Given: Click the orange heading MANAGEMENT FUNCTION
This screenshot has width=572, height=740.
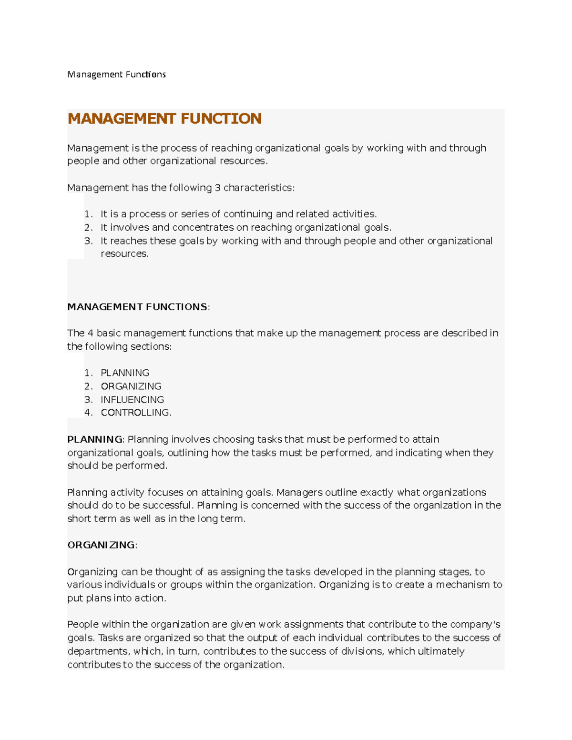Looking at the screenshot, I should coord(164,119).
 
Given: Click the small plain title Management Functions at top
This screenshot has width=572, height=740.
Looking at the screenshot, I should coord(116,74).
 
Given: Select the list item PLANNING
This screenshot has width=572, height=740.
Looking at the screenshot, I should coord(125,373).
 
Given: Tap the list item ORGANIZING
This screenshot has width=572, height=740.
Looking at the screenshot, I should coord(131,386).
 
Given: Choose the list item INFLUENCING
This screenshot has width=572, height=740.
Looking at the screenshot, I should coord(132,399).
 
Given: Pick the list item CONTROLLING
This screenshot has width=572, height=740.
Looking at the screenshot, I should coord(136,413).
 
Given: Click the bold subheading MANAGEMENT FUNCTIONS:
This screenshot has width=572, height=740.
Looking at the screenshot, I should coord(138,307).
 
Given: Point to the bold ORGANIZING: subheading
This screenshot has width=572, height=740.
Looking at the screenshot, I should coord(102,545).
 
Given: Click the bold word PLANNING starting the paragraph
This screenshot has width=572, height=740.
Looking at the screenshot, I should coord(95,439).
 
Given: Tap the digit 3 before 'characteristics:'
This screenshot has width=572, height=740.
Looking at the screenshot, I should coord(217,188).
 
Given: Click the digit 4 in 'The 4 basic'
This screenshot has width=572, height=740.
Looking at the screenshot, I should coord(91,333).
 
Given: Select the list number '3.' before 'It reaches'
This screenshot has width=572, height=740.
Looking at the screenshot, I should coord(88,241).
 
